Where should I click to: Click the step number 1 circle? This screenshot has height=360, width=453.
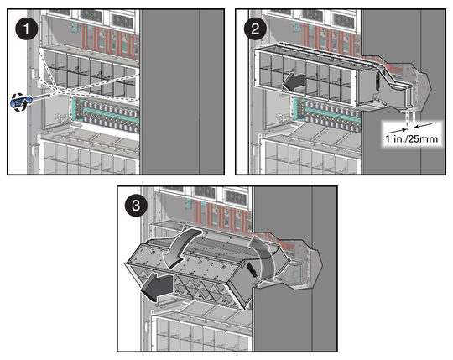click(27, 29)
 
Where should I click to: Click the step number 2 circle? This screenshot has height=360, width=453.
click(255, 29)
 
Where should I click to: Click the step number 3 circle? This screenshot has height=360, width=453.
click(136, 206)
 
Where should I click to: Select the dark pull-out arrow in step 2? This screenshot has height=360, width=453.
click(294, 82)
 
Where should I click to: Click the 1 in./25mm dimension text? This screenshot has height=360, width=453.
click(412, 138)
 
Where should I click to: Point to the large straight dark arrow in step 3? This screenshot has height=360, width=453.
click(157, 288)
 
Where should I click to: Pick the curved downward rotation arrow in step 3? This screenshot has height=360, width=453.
click(180, 246)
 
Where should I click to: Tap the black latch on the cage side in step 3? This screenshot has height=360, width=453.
click(252, 269)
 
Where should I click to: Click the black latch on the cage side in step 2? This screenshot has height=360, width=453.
click(377, 82)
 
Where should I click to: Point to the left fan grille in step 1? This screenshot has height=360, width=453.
click(60, 13)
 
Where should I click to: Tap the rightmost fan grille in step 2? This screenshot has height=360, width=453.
click(343, 20)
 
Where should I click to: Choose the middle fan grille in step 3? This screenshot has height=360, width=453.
click(205, 192)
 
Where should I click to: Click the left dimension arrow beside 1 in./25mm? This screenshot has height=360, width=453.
click(398, 131)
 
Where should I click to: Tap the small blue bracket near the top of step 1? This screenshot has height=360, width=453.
click(75, 28)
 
